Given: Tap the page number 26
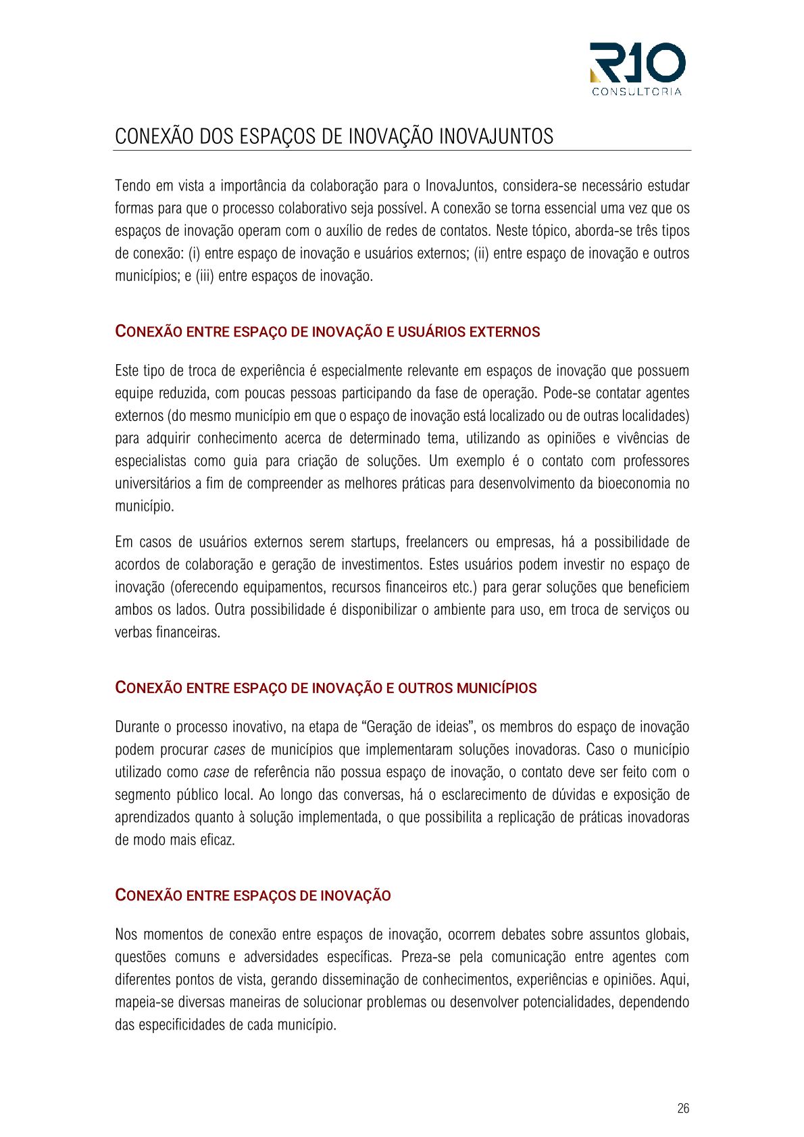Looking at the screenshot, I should [x=683, y=1108].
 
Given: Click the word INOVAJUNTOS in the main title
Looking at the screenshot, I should [x=496, y=136].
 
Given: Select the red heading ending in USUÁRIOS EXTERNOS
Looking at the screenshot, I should [x=328, y=332].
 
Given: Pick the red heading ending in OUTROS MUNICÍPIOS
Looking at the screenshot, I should [x=326, y=688].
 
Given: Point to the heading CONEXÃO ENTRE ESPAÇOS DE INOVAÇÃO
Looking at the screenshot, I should [x=253, y=895].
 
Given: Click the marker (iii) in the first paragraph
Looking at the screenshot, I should [x=205, y=276].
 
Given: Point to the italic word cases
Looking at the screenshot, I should [x=229, y=749].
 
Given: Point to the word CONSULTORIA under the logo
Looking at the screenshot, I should [x=636, y=92].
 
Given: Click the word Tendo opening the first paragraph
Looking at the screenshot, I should [x=132, y=185].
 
